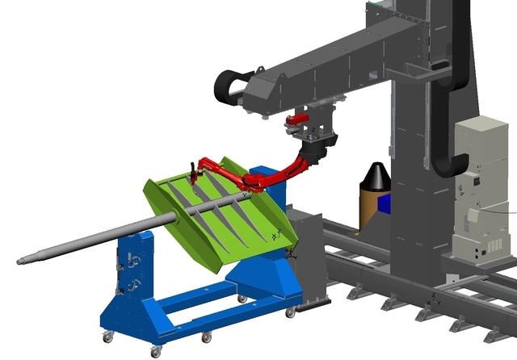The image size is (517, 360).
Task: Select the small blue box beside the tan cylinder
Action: [385, 203]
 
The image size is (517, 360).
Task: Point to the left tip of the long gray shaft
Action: [22, 260]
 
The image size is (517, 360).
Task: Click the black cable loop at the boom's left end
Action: [229, 84]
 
